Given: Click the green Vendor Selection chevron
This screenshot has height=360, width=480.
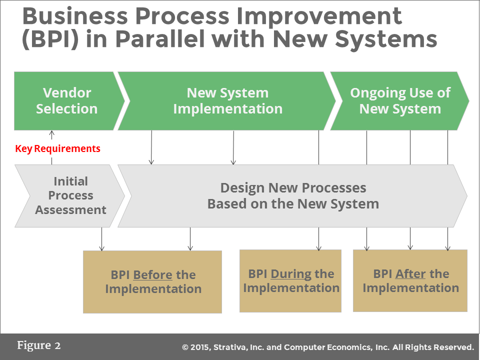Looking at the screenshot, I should (x=66, y=101).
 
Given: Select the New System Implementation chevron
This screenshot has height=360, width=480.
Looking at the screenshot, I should (x=227, y=101).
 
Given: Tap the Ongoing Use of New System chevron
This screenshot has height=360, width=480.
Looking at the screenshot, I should (x=400, y=101).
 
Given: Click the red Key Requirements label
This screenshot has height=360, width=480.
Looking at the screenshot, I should (x=57, y=148).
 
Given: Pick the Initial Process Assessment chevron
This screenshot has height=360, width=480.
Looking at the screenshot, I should (x=70, y=195).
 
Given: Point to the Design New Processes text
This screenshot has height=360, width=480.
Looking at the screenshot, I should (x=293, y=188).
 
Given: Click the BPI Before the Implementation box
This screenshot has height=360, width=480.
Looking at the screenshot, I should (x=152, y=282).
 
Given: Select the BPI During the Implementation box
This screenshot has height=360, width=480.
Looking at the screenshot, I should (x=290, y=281).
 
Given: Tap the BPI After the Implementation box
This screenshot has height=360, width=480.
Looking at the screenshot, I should (x=410, y=281).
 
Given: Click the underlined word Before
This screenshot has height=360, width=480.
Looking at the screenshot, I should (x=152, y=275).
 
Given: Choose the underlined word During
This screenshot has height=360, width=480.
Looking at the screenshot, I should (x=291, y=274).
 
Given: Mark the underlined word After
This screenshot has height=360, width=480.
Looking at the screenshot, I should (x=410, y=274).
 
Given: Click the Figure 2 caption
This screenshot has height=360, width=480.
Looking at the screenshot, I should (x=39, y=345).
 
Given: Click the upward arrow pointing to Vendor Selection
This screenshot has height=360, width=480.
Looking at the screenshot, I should (x=52, y=134).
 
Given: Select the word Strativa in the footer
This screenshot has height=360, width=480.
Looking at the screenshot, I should (x=234, y=347).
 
